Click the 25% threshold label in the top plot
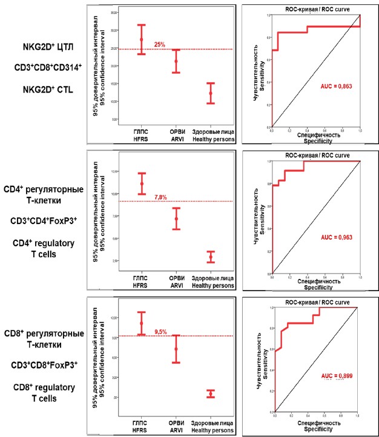pyautogui.click(x=159, y=45)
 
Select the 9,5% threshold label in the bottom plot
pyautogui.click(x=160, y=332)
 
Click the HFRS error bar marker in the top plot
pyautogui.click(x=142, y=39)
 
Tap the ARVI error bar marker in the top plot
pyautogui.click(x=176, y=61)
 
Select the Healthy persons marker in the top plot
pyautogui.click(x=210, y=93)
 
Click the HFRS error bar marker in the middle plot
pyautogui.click(x=142, y=183)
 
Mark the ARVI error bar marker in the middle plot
pyautogui.click(x=176, y=218)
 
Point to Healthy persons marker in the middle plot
pyautogui.click(x=210, y=257)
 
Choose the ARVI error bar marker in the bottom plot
pyautogui.click(x=176, y=349)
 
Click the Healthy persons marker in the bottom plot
pyautogui.click(x=210, y=394)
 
